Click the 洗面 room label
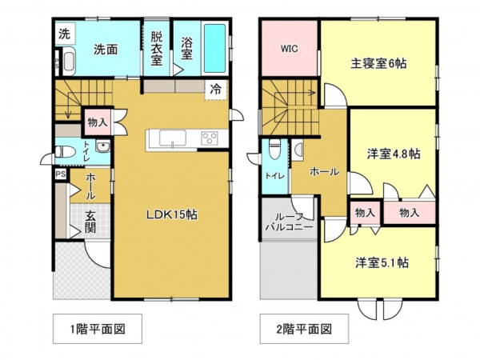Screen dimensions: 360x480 coord(106,49)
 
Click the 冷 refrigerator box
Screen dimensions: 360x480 coord(217,89)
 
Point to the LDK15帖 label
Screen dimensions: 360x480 coord(171,214)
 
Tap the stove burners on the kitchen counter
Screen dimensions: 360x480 coord(209,138)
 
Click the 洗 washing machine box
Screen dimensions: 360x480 coord(62,35)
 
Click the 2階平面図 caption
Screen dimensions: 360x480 coord(301,328)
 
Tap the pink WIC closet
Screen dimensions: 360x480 coord(290,48)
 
